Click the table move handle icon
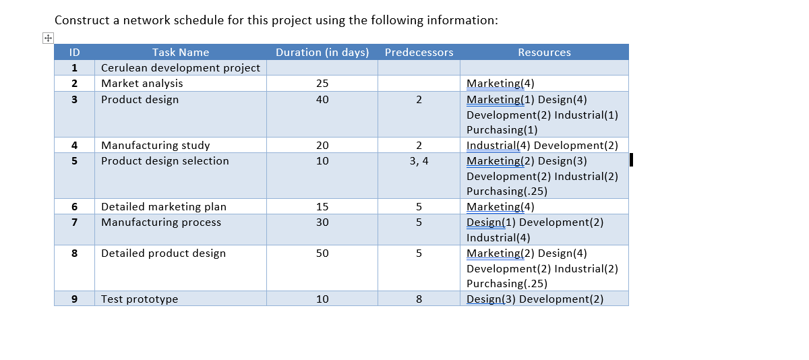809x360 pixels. point(48,38)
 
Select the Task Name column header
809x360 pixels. point(181,53)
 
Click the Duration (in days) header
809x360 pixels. point(322,53)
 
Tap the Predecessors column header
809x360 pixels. point(419,53)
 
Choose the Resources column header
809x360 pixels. point(544,53)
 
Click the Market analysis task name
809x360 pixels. point(142,84)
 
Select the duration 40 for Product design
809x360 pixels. point(322,100)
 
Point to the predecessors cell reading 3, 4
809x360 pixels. point(419,161)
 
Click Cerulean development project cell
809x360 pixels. point(181,68)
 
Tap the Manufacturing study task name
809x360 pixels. point(156,146)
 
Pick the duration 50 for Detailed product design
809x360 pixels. point(322,253)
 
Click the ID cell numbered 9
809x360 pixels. point(74,299)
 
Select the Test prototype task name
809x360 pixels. point(140,299)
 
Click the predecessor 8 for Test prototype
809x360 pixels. point(419,299)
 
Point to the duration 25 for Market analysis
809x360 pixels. point(322,84)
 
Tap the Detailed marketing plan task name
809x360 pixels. point(164,207)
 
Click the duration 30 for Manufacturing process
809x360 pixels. point(322,222)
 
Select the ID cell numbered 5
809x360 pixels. point(74,161)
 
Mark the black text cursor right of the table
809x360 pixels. point(631,160)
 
